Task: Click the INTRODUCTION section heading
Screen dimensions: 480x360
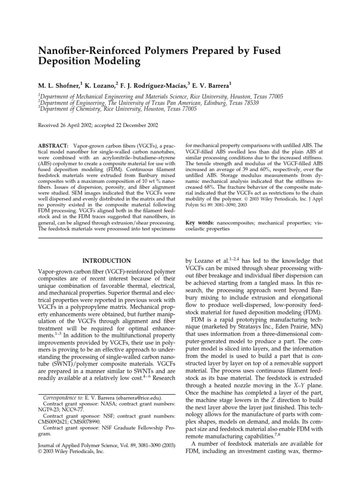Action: [x=106, y=260]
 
